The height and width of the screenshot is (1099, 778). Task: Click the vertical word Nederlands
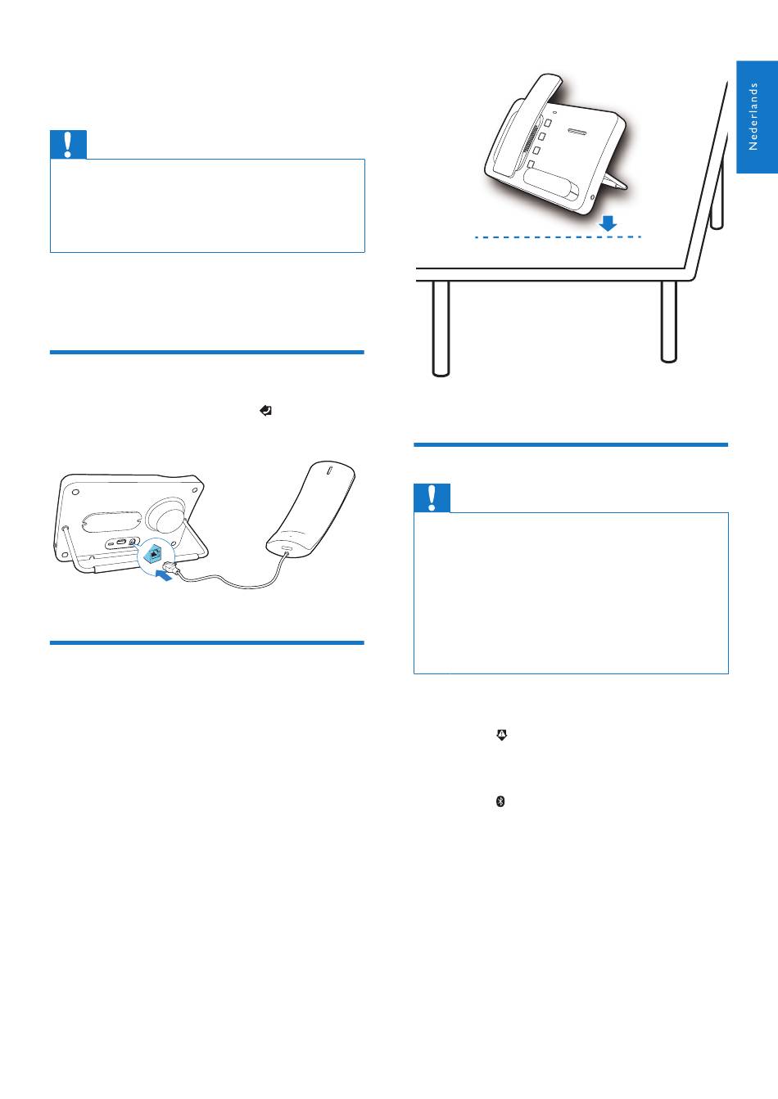click(x=753, y=116)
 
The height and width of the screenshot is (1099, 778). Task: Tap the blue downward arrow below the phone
click(x=608, y=223)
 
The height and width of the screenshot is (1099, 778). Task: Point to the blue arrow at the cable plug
click(x=164, y=575)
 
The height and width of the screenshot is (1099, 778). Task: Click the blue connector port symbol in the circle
click(x=155, y=554)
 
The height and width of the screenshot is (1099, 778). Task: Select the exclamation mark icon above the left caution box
click(x=68, y=144)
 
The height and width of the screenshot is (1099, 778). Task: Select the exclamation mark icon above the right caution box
click(x=432, y=498)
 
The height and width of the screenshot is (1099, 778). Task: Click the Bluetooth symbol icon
click(x=500, y=801)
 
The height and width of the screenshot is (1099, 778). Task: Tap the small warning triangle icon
click(x=502, y=735)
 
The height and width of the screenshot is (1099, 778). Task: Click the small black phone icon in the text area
click(x=265, y=410)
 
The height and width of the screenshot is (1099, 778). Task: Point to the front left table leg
click(x=441, y=328)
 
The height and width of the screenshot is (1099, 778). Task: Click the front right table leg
click(x=669, y=322)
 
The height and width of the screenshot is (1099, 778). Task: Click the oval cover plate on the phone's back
click(x=111, y=522)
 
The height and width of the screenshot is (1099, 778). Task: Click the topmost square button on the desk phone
click(x=548, y=122)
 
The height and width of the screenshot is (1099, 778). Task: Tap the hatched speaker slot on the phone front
click(x=577, y=132)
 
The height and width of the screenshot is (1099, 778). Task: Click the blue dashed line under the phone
click(x=558, y=237)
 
